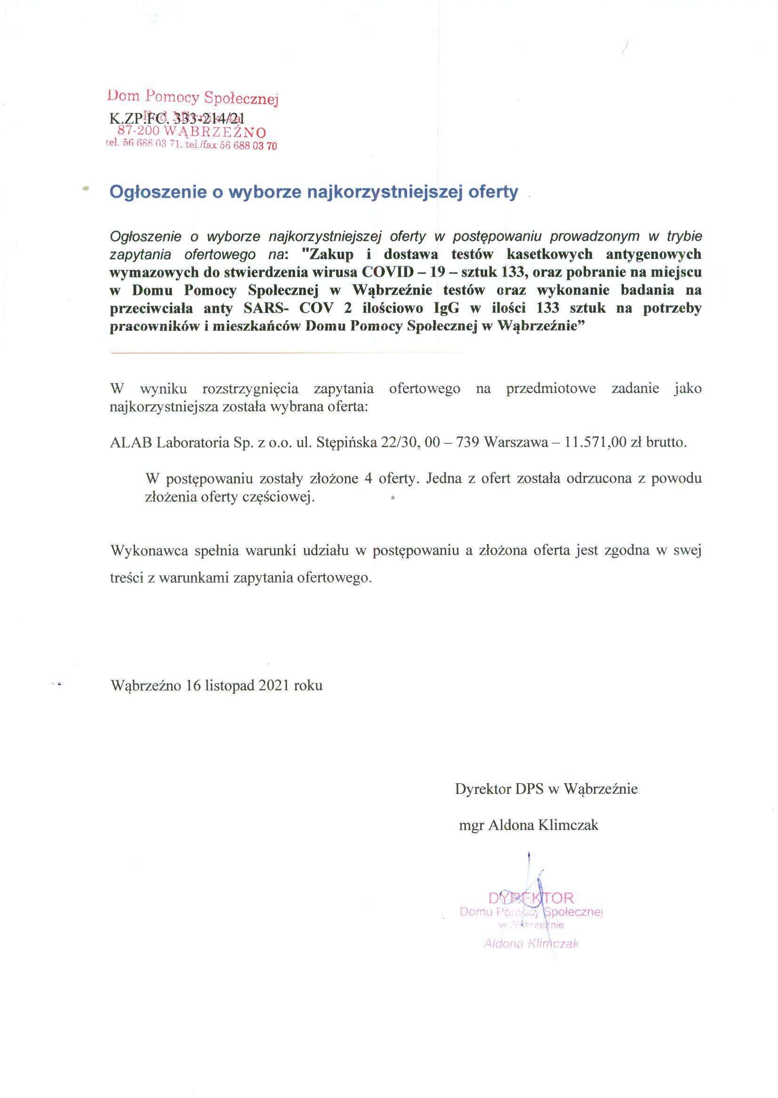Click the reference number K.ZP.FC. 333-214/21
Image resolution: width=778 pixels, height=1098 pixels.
tap(177, 118)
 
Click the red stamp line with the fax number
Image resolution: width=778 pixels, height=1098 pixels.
tap(191, 145)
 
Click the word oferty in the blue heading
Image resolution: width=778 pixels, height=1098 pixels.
tap(493, 192)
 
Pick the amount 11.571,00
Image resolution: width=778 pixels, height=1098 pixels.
tap(596, 442)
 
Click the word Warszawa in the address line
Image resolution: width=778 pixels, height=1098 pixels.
tap(516, 442)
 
